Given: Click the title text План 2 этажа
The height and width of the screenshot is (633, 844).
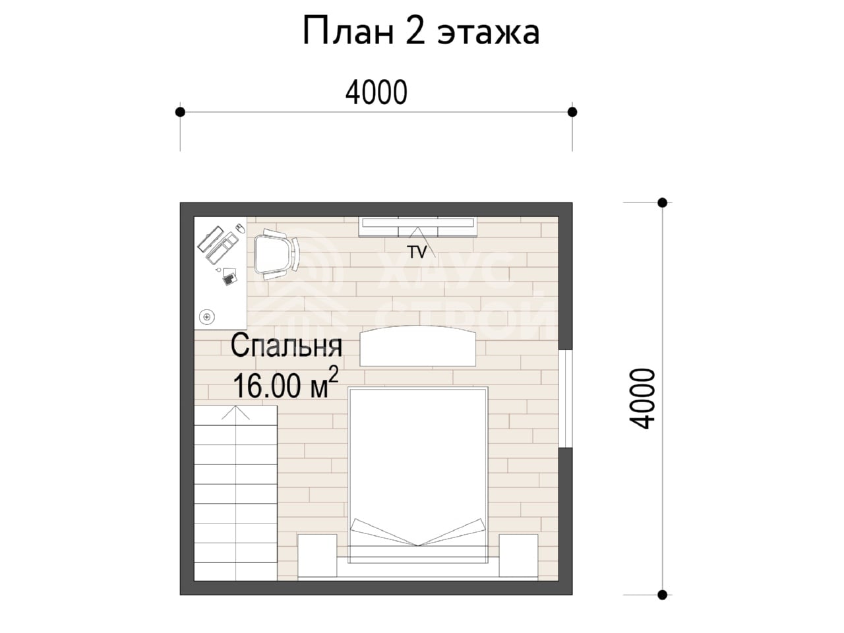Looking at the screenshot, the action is click(x=421, y=32).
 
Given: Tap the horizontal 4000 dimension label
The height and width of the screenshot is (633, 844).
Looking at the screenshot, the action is click(x=376, y=92).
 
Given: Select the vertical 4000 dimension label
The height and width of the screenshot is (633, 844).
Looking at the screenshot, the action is click(x=642, y=398).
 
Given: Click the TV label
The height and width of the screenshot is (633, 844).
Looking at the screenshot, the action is click(x=417, y=252).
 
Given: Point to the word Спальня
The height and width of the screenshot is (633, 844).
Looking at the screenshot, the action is click(x=286, y=347).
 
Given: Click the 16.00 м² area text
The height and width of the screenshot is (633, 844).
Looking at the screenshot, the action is click(x=286, y=384).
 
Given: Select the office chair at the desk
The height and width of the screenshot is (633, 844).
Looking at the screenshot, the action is click(x=276, y=255).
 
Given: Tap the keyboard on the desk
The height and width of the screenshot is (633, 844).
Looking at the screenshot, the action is click(x=222, y=249).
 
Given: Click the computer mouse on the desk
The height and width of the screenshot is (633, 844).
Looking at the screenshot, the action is click(x=240, y=228).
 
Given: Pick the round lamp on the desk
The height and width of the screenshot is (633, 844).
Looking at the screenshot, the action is click(x=207, y=317).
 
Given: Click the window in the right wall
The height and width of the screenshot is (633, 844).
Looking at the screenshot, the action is click(x=566, y=398).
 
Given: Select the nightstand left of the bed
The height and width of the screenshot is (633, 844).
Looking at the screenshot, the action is click(x=317, y=556).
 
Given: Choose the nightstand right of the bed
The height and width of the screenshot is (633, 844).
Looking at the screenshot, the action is click(x=518, y=556).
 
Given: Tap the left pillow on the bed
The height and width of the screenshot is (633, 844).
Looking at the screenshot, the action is click(x=384, y=532).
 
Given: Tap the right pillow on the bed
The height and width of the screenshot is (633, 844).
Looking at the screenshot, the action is click(x=452, y=532).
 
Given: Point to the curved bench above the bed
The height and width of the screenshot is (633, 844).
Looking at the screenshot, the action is click(x=417, y=346).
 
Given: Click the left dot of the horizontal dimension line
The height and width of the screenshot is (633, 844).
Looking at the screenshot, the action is click(x=180, y=112).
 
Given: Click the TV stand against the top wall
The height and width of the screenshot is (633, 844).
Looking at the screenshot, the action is click(x=417, y=227).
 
